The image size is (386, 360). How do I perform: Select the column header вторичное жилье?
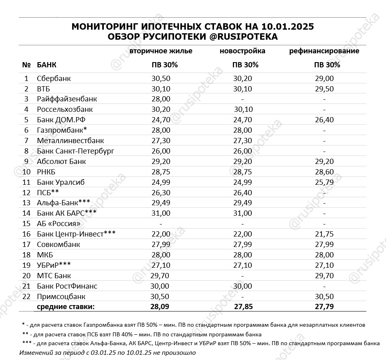pos(161,51)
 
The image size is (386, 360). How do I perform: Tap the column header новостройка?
pos(242,51)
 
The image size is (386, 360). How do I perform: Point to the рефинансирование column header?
pos(324,51)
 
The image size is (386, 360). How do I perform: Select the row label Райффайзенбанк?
pos(67,99)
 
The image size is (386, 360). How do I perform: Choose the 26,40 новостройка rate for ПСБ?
pos(243,193)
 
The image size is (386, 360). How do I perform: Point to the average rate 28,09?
pos(161,307)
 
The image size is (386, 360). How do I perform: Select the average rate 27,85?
pos(243,307)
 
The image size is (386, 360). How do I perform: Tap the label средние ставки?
pos(66,307)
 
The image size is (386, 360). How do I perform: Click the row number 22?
pos(26,297)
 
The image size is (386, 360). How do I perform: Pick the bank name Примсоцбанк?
pos(61,297)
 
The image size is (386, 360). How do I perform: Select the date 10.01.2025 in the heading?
pos(287,27)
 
